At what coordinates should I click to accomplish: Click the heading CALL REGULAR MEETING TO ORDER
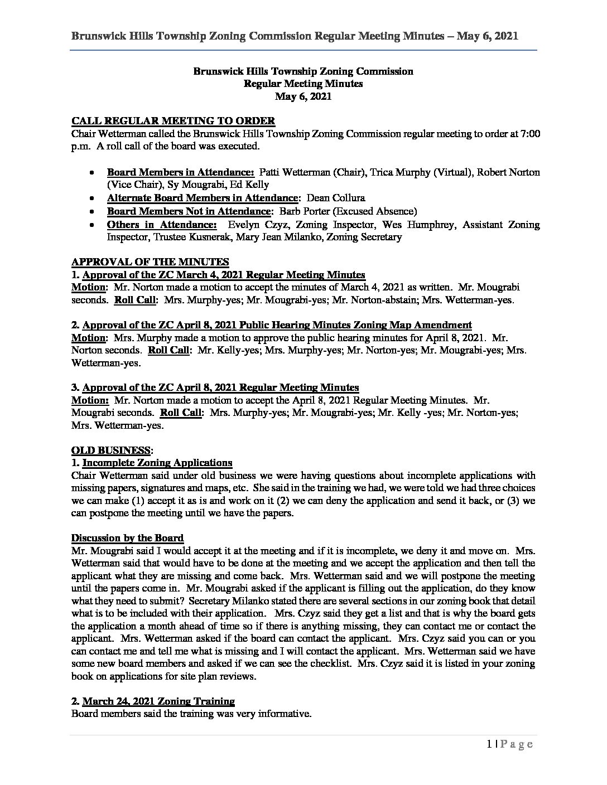[173, 121]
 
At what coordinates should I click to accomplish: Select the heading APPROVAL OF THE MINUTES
[150, 262]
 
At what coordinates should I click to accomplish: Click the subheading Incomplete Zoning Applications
[157, 463]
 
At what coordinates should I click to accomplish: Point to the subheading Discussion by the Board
[127, 538]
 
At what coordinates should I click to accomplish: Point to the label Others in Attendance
[162, 225]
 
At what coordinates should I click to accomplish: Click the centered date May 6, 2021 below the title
[303, 96]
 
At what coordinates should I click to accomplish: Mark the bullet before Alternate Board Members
[91, 198]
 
